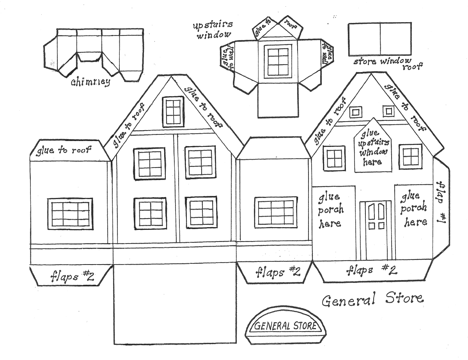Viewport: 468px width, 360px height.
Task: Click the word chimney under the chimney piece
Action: tap(90, 82)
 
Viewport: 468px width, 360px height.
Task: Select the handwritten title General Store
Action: tap(372, 300)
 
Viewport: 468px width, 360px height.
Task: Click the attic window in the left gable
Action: tap(173, 112)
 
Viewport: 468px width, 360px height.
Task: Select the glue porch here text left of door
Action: tap(331, 210)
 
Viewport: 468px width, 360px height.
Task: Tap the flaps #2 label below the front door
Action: tap(371, 270)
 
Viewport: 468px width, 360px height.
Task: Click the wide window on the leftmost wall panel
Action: tap(70, 214)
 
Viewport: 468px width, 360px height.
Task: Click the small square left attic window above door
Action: tap(355, 112)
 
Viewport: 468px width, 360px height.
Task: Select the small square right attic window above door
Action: tap(388, 111)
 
